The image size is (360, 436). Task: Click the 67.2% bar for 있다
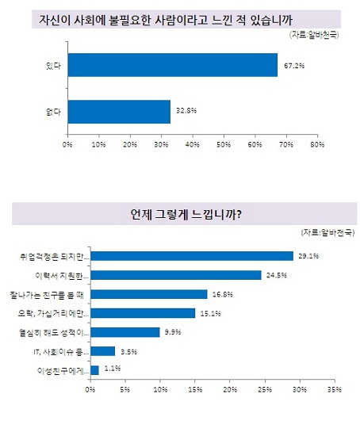tap(172, 65)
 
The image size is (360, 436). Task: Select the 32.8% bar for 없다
tap(119, 112)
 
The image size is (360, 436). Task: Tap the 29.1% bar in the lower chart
tap(191, 256)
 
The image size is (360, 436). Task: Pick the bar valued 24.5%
tap(175, 275)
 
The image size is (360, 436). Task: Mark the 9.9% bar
tap(124, 332)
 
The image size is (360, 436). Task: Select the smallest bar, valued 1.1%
tap(94, 370)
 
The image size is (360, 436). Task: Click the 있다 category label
tap(54, 65)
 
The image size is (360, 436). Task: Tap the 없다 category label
tap(54, 112)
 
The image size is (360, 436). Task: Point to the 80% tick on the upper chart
tap(316, 145)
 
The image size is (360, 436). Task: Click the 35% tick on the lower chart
tap(333, 390)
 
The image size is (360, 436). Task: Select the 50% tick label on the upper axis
tap(223, 145)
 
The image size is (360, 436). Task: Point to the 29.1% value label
tap(308, 256)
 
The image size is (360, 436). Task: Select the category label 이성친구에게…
tap(63, 370)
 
